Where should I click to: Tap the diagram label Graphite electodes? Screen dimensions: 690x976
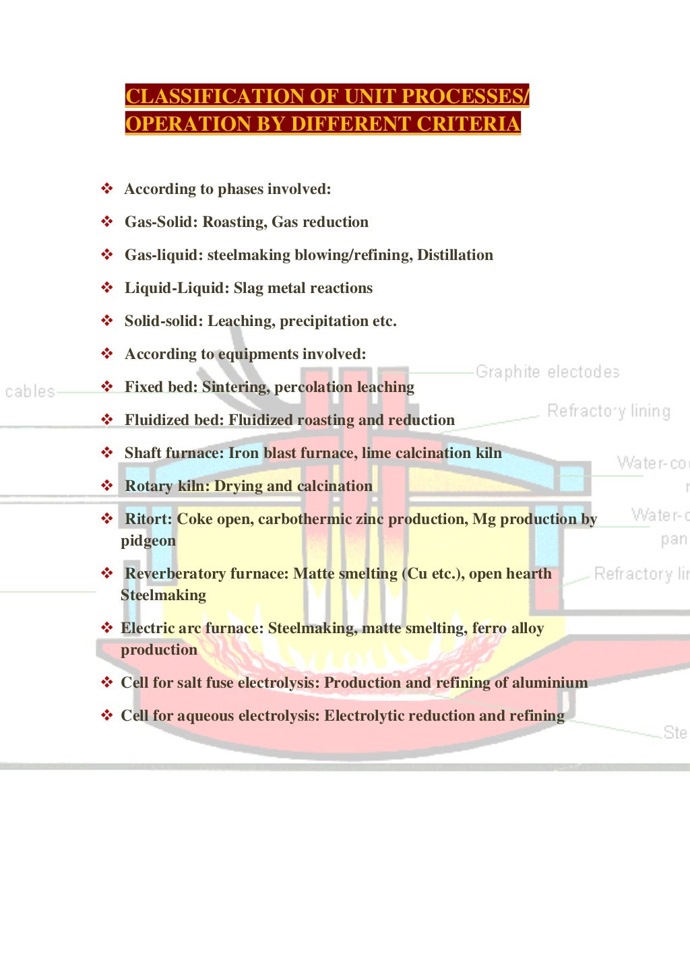(547, 372)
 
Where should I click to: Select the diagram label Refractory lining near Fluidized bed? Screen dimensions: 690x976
(608, 411)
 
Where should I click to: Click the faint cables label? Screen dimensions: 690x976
(30, 391)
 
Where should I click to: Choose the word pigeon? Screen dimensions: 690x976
(148, 541)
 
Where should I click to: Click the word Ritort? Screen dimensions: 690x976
(148, 519)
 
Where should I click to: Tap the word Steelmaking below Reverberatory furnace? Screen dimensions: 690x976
(163, 595)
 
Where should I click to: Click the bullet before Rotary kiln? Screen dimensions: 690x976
(106, 486)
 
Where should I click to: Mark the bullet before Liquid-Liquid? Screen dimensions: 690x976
(106, 288)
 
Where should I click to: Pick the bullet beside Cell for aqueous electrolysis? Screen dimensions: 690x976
(106, 715)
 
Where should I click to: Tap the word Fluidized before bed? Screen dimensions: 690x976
(156, 420)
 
